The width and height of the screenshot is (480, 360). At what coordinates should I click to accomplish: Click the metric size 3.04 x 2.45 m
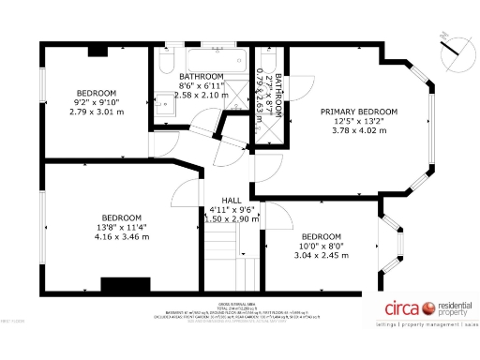(x=322, y=255)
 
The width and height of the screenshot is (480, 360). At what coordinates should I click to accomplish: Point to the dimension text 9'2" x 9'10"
(x=96, y=102)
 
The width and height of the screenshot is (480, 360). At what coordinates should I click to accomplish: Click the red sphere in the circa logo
(x=430, y=307)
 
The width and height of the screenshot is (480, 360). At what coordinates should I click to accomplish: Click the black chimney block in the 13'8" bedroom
(x=126, y=285)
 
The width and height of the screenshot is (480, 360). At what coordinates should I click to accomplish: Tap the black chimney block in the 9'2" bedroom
(x=97, y=52)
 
